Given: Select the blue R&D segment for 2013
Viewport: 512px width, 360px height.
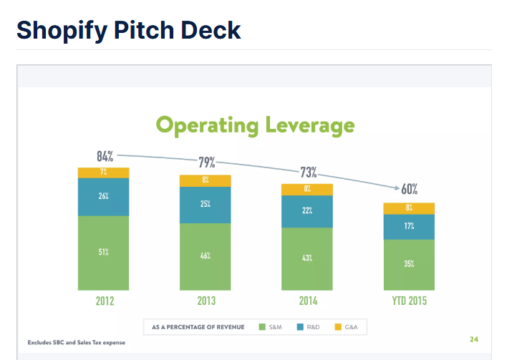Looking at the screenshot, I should click(205, 205).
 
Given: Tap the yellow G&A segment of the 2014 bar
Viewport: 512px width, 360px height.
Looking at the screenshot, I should click(306, 190).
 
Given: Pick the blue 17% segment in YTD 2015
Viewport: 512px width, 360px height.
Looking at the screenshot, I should click(409, 227).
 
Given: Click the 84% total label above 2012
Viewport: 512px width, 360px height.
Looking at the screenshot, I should click(106, 155).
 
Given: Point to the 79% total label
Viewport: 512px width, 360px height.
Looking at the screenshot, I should click(206, 163).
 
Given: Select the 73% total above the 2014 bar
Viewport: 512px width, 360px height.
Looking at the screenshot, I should click(308, 172).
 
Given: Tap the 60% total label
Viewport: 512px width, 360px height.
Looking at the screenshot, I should click(409, 190).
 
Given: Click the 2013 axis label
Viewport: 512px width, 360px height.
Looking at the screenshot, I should click(206, 301).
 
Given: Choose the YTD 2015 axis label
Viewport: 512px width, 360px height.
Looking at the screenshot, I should click(409, 301).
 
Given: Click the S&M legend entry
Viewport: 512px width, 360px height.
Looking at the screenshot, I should click(270, 327).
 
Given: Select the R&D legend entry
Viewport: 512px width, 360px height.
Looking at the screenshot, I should click(308, 327).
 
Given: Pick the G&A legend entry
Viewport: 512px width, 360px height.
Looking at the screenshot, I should click(345, 327).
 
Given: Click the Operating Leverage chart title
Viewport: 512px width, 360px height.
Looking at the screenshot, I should click(255, 126).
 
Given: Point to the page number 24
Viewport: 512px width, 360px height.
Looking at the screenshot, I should click(474, 339).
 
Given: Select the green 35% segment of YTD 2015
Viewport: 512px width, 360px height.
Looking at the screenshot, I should click(409, 263).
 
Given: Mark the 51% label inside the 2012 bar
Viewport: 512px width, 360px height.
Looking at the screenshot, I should click(104, 252).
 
